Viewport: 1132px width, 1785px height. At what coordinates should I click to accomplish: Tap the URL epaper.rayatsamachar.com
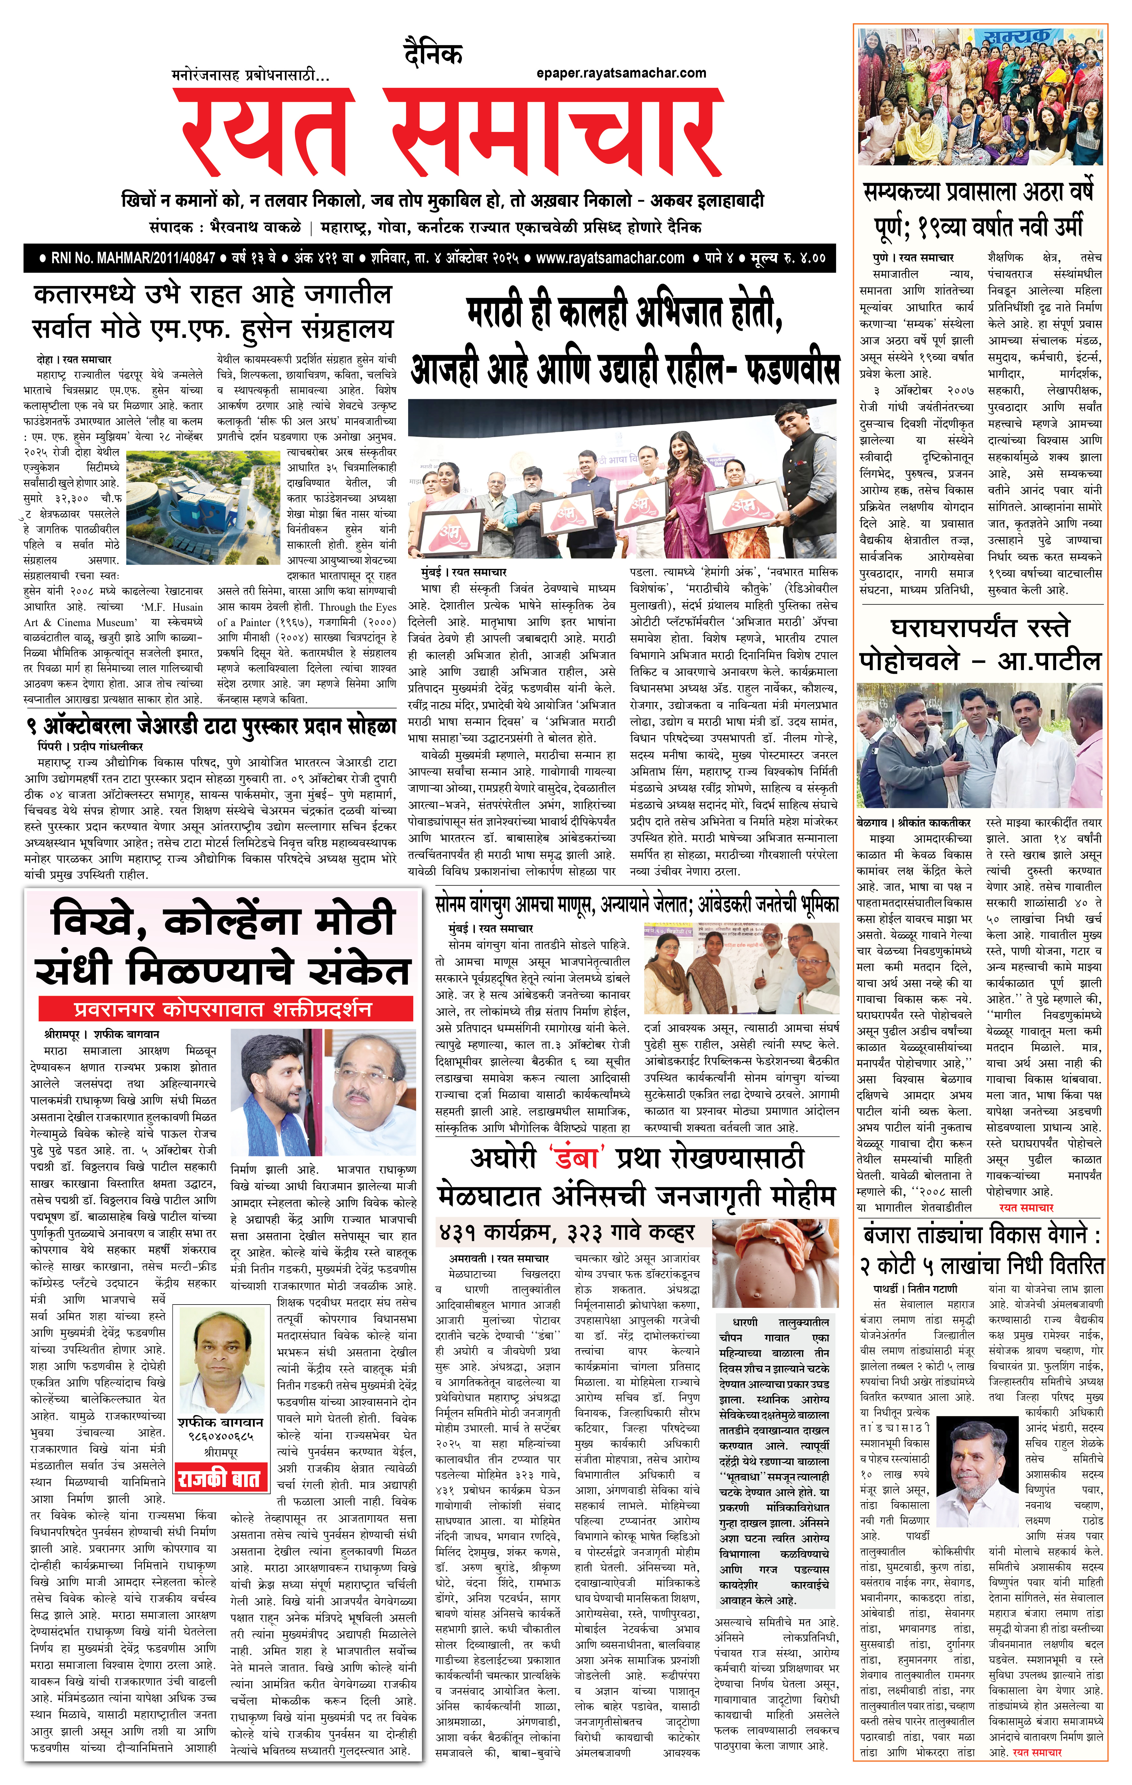[621, 73]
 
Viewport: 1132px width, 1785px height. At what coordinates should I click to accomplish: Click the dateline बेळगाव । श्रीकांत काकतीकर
[913, 823]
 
